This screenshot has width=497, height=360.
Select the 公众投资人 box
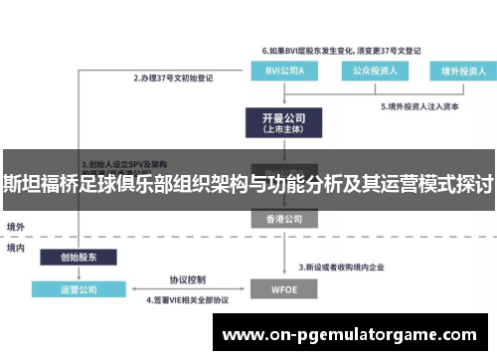pos(370,71)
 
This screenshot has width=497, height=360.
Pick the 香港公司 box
pos(282,217)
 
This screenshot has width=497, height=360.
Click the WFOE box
pos(282,289)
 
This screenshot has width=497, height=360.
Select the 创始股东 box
pos(79,257)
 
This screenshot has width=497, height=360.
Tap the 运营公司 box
pos(79,289)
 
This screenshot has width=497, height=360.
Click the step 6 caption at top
pos(342,49)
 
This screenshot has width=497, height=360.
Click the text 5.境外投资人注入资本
pos(424,106)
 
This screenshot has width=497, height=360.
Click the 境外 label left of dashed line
pos(15,227)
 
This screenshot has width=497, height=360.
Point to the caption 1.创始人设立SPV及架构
pos(124,162)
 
